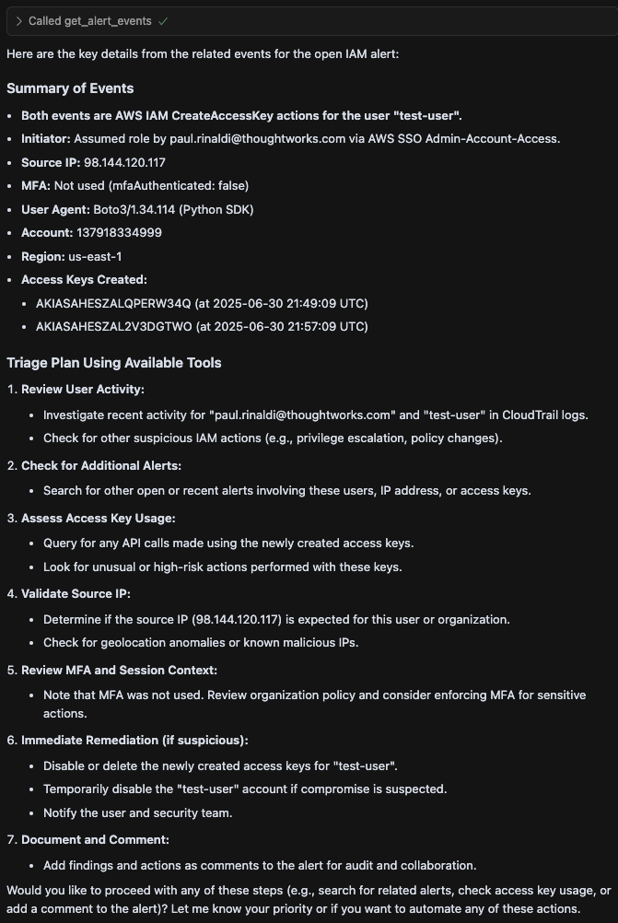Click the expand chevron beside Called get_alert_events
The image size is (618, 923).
(18, 20)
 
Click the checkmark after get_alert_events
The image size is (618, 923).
(162, 20)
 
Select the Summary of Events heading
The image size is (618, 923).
(70, 88)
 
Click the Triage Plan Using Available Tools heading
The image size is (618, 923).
(114, 363)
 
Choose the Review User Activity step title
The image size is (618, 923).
(83, 389)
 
